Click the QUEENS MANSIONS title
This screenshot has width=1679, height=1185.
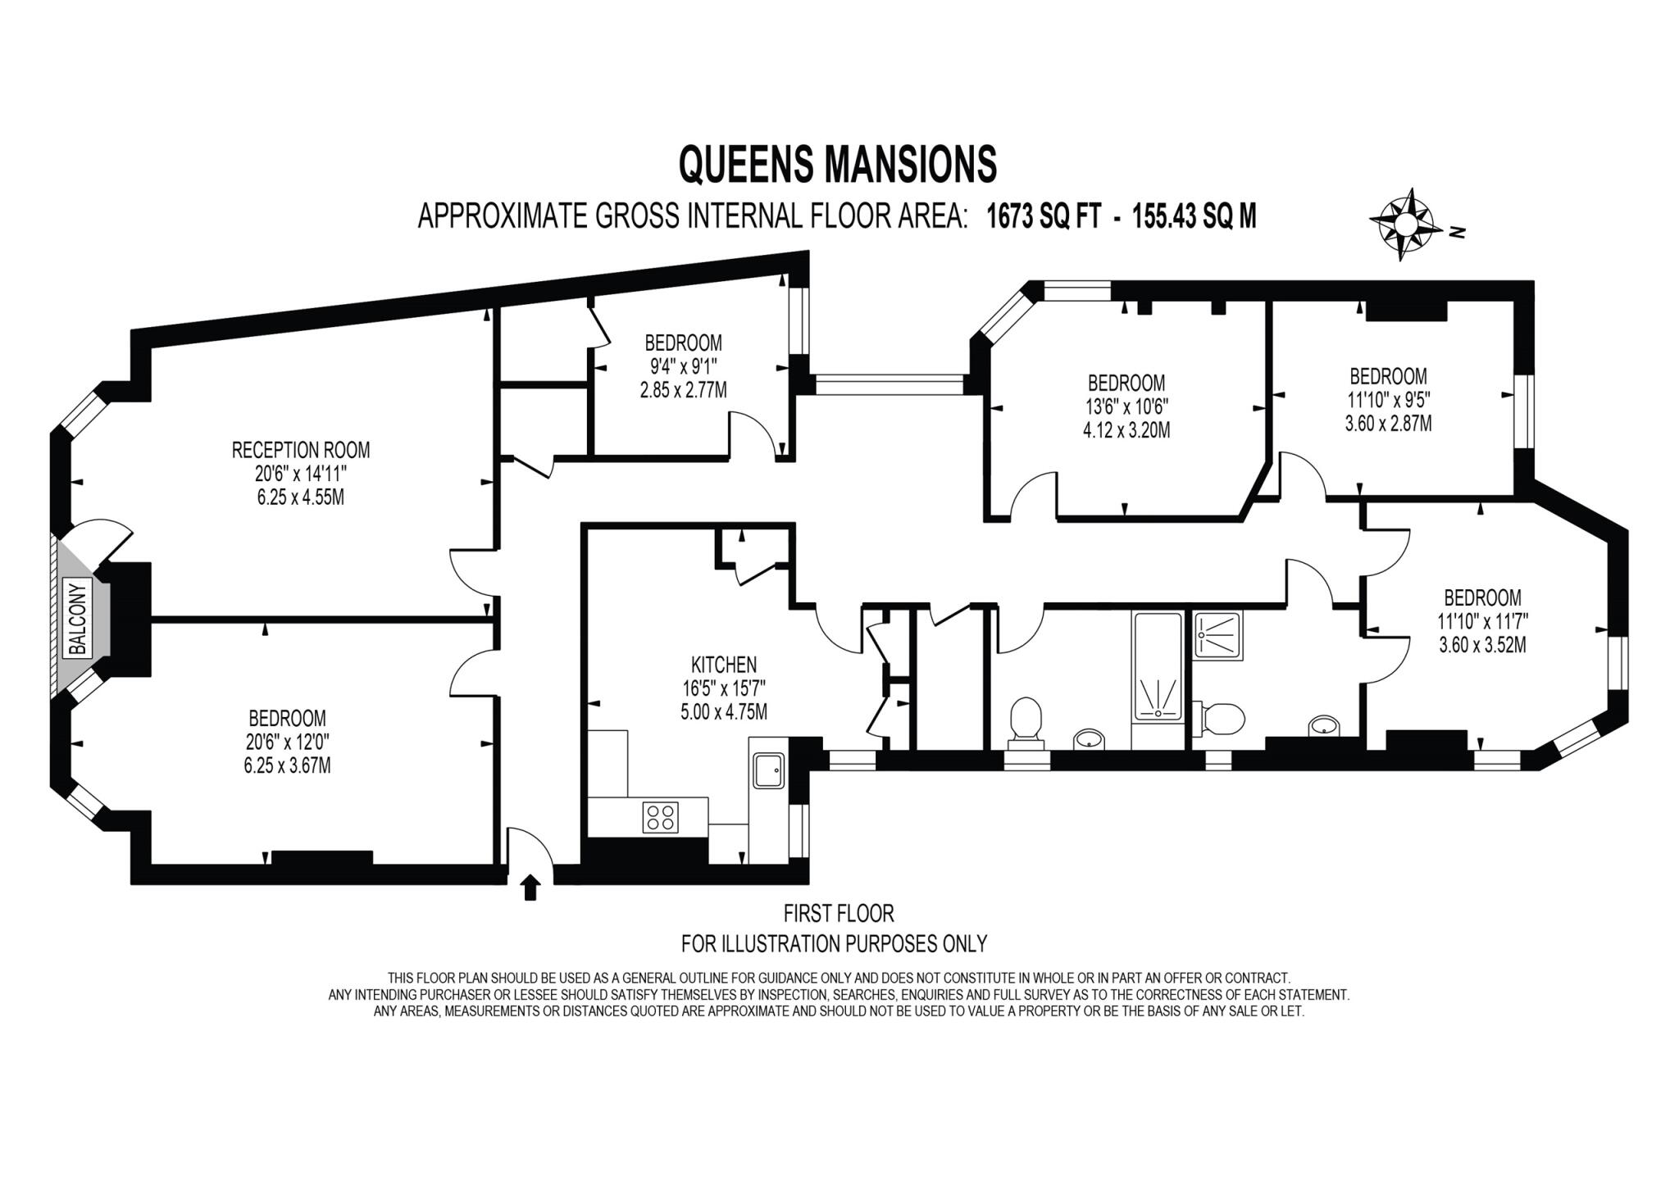click(x=837, y=163)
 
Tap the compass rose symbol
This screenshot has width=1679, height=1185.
click(x=1405, y=224)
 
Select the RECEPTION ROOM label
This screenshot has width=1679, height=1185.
click(x=301, y=450)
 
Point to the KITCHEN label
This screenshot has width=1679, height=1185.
click(x=723, y=665)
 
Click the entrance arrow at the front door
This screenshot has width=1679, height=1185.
click(x=531, y=887)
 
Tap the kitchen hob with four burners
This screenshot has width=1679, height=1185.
click(x=661, y=817)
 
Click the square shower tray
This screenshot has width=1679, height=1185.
click(x=1219, y=636)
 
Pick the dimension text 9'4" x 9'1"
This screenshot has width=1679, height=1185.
click(x=683, y=365)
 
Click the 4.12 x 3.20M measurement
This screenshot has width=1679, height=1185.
click(x=1126, y=429)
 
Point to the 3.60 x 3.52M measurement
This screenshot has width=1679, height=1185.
click(x=1482, y=645)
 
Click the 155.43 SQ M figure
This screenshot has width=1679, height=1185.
click(x=1194, y=217)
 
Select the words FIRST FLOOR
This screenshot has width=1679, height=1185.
click(x=838, y=913)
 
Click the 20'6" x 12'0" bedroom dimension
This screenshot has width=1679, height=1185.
click(x=287, y=742)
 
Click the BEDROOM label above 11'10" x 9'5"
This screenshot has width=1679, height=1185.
click(x=1388, y=376)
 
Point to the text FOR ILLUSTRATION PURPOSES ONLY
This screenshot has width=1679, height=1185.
click(x=834, y=943)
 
